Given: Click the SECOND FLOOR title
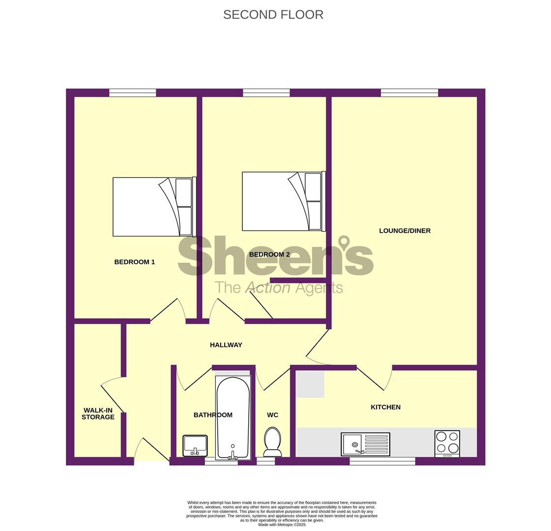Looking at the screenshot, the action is pos(273,15).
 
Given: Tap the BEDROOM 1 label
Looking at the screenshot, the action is pos(135,262).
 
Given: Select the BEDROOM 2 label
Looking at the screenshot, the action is pos(269,254).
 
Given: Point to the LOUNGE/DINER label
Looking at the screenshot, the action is pos(405,231).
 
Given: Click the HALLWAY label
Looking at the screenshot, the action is pos(226,345).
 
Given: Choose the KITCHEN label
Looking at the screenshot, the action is pos(385,407).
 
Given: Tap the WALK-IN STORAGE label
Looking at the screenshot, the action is pos(98,413).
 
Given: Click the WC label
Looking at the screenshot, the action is pos(272,415).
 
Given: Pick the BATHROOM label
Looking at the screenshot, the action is pos(213,415).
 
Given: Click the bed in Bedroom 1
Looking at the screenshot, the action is pos(155,206).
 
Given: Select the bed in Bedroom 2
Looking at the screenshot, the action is pos(284,201).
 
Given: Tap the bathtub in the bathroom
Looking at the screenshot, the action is pos(233,418).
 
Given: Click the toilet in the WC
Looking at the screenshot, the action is pos(272,442).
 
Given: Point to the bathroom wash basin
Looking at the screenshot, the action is pos(195,445).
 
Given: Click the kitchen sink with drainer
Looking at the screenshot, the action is pos(366,444).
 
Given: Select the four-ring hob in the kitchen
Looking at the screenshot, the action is pos(447,444).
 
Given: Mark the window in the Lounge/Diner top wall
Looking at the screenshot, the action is pos(409,93).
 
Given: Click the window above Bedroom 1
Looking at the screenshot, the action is pos(133,93).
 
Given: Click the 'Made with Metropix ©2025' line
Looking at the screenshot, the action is pos(282,525).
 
